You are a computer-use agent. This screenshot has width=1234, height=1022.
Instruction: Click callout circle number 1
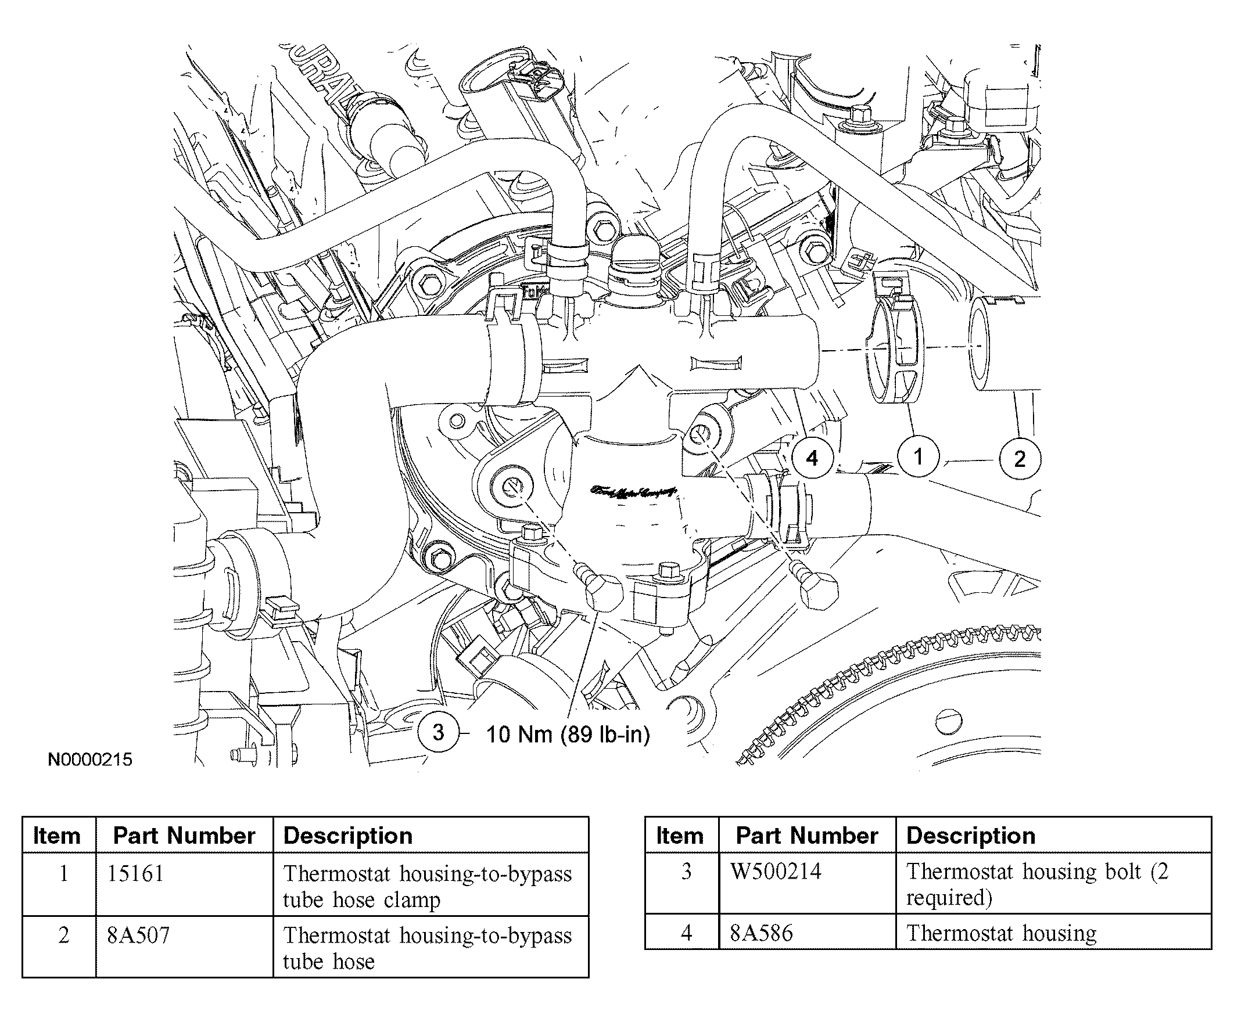918,456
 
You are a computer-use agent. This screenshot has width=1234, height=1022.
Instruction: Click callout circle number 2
1020,459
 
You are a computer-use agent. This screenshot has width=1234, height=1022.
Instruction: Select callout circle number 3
438,732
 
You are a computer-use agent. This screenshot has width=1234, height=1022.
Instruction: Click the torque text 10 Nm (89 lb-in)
568,734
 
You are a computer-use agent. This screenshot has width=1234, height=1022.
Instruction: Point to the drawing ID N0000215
90,760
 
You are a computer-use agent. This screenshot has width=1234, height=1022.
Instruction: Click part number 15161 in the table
135,873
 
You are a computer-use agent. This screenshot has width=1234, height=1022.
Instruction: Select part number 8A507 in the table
138,935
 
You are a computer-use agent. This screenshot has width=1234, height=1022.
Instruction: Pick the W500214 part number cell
775,871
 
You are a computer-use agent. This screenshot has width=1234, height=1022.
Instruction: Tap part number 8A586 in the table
761,933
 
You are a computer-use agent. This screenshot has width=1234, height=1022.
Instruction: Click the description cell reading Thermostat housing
1000,933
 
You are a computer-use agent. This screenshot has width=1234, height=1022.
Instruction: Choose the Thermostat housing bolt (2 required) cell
1037,884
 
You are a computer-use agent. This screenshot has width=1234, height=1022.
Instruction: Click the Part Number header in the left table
184,835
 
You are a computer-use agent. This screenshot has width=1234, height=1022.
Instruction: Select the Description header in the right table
971,835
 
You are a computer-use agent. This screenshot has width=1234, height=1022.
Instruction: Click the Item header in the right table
679,835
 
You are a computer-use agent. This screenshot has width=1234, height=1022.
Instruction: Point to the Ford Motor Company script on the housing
633,492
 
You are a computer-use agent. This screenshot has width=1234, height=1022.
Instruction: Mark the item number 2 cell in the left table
63,935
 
